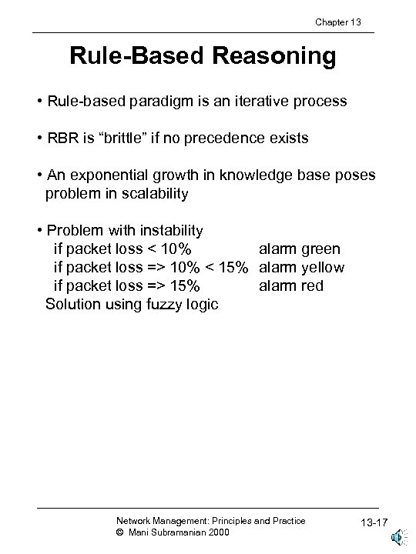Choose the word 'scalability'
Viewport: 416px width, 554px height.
click(x=151, y=193)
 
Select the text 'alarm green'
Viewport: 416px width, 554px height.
click(x=299, y=249)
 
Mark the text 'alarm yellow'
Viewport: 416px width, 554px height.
click(x=301, y=267)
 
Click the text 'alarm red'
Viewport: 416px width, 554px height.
click(x=291, y=285)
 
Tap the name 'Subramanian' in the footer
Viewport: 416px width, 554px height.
click(x=173, y=532)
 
